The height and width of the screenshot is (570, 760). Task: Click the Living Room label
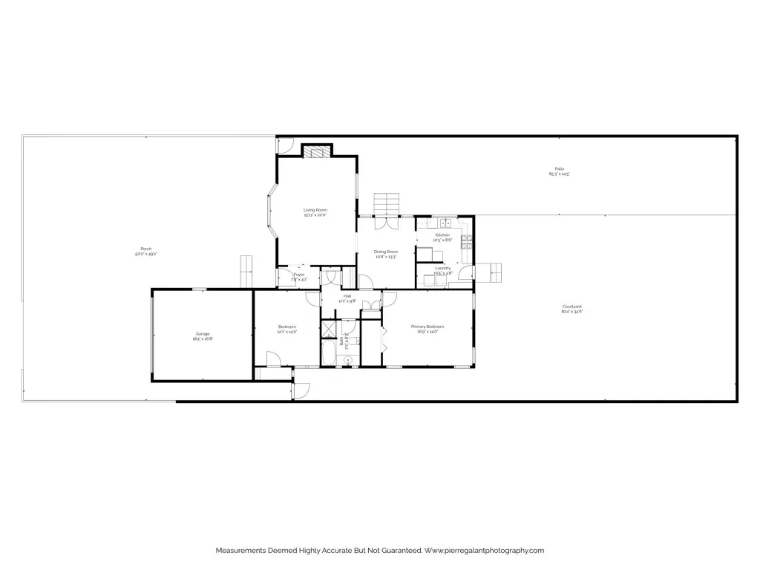(315, 210)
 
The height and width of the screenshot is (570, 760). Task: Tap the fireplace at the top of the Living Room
(317, 151)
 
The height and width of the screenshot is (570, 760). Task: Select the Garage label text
(203, 334)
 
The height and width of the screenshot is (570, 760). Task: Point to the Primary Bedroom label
(427, 327)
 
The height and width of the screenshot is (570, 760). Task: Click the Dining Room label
(386, 252)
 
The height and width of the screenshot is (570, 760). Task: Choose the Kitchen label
(442, 235)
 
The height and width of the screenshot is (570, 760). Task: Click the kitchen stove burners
(466, 239)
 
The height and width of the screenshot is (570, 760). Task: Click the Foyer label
(299, 275)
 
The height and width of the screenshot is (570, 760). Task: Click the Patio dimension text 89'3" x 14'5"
(559, 174)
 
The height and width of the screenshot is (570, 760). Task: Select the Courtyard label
(571, 307)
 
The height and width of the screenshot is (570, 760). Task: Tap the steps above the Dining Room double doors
(387, 203)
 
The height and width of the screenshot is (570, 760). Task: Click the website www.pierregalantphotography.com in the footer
(485, 550)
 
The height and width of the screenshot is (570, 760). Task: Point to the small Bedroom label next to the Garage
(287, 327)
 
